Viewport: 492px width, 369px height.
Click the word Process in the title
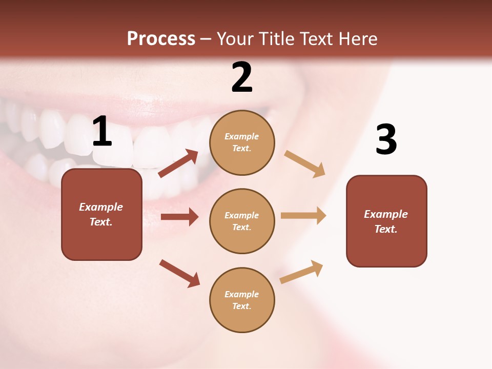click(161, 39)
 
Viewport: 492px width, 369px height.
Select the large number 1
click(102, 132)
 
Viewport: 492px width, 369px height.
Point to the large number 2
click(242, 77)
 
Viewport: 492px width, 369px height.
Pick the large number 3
click(386, 139)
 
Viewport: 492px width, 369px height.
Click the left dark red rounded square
click(101, 214)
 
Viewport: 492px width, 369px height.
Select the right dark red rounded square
click(386, 221)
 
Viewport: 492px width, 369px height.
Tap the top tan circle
click(242, 142)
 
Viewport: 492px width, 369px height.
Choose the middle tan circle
click(242, 221)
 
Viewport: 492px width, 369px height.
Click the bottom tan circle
click(242, 300)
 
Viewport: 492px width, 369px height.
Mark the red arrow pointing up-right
click(178, 163)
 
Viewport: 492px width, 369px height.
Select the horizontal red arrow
click(179, 217)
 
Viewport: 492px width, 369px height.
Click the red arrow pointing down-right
click(179, 273)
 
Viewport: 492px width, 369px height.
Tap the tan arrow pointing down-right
click(305, 164)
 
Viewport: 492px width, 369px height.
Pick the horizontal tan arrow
click(303, 215)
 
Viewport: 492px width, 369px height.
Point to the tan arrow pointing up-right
click(301, 272)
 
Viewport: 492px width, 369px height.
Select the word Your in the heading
click(235, 39)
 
